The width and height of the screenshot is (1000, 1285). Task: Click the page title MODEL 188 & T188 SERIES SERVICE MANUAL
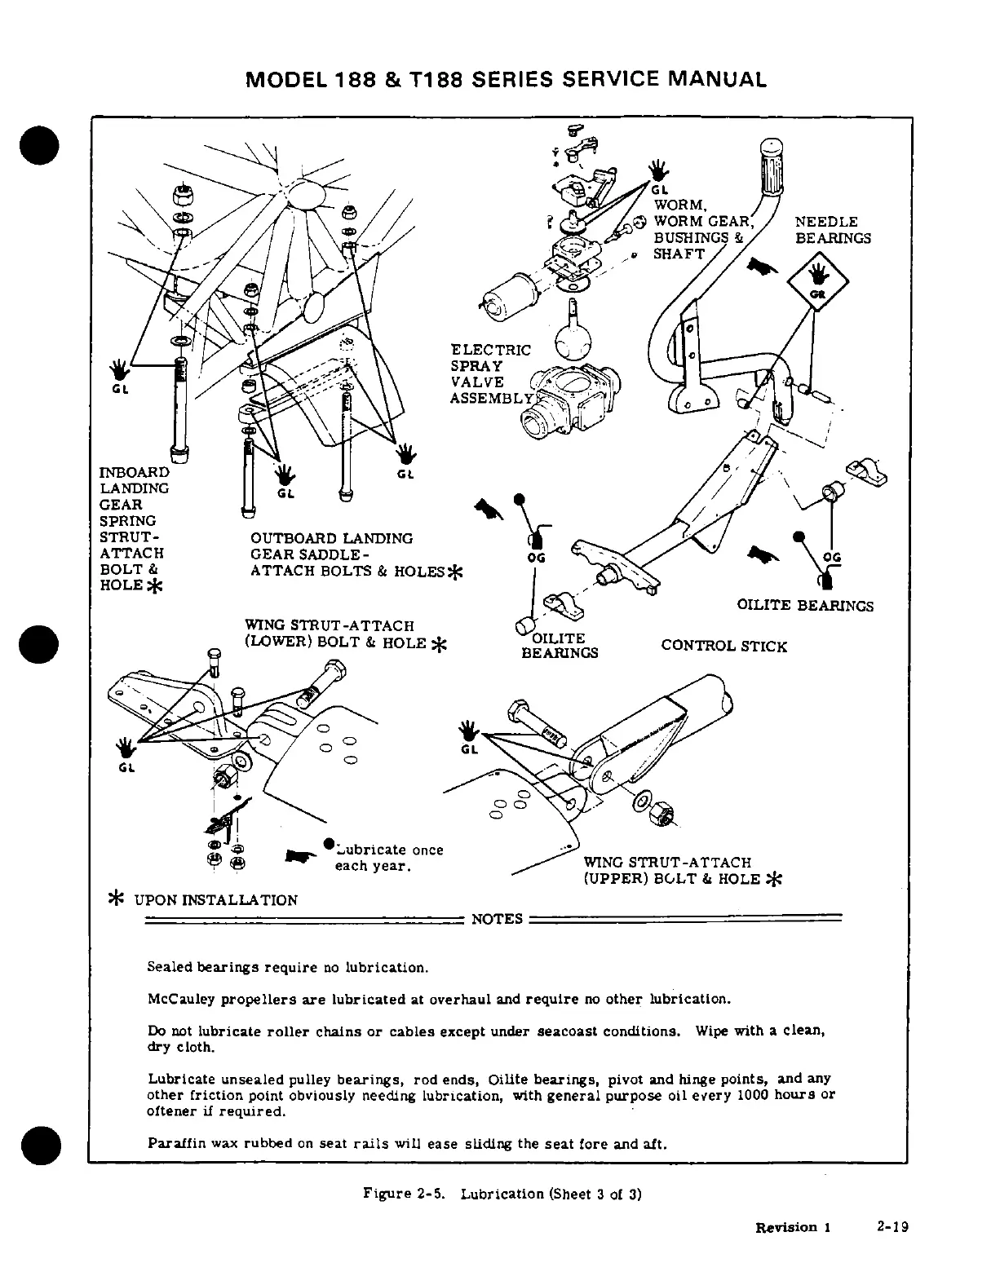(x=506, y=79)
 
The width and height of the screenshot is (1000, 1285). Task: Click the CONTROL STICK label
(x=723, y=647)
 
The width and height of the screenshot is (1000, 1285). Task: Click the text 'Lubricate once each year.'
(x=387, y=858)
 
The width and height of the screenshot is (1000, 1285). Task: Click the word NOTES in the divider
(x=497, y=919)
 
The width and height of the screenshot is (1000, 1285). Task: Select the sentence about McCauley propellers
(x=439, y=999)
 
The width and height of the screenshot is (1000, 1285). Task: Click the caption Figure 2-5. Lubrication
(x=502, y=1194)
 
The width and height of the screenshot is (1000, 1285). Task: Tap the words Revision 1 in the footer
(x=792, y=1227)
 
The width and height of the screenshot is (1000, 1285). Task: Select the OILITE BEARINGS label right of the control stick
(x=805, y=606)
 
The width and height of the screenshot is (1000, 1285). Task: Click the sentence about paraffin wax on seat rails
(x=407, y=1143)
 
